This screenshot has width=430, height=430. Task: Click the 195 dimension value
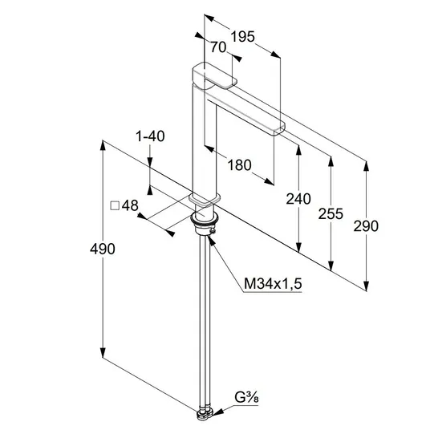click(x=243, y=37)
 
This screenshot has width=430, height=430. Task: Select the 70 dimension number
click(x=218, y=47)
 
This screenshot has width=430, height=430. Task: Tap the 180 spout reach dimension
click(x=239, y=165)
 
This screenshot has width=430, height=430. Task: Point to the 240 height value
click(x=298, y=199)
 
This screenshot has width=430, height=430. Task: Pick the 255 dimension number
click(x=331, y=214)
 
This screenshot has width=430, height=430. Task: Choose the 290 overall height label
click(x=366, y=226)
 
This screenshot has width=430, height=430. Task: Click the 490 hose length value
click(x=103, y=249)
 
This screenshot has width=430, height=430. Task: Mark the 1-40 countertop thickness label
click(x=150, y=136)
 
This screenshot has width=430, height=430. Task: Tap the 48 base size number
click(x=130, y=205)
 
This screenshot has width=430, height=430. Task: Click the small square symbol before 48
click(x=115, y=205)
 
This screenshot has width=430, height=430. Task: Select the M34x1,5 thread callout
click(x=273, y=283)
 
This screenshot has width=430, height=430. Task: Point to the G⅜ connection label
click(x=246, y=398)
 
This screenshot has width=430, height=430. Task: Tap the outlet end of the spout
click(x=279, y=129)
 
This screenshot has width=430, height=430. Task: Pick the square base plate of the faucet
click(x=205, y=199)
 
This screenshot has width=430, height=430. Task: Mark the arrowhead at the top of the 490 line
click(x=103, y=145)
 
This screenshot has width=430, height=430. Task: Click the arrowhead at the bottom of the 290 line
click(x=366, y=286)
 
